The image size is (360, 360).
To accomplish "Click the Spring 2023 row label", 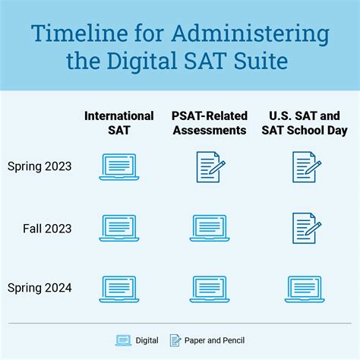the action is [39, 167].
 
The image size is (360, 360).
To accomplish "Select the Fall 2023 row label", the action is [47, 229].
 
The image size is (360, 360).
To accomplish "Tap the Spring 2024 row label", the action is [39, 288].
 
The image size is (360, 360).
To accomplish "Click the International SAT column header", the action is [119, 123].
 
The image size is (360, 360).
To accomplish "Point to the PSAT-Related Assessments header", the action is [210, 123].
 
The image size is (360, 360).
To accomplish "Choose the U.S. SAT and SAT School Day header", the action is [305, 123].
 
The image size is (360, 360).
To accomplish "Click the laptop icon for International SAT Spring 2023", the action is [119, 167].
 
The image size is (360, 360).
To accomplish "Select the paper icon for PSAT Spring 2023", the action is [210, 167].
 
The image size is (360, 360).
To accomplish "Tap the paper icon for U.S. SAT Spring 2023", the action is [307, 167].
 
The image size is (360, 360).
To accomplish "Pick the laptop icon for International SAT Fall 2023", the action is [119, 229].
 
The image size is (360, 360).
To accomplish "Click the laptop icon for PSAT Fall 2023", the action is [210, 229].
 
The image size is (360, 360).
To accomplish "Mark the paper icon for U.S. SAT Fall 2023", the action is [307, 229].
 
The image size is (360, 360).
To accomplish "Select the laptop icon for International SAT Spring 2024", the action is [119, 289].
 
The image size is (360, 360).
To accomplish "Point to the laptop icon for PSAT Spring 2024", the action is [210, 289].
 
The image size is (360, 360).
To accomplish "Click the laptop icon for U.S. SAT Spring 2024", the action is [305, 289].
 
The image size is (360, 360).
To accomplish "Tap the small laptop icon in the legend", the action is [123, 340].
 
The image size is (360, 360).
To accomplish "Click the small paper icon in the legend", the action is [175, 340].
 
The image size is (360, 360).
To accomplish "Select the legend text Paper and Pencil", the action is [214, 341].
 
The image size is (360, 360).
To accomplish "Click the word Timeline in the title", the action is [80, 33].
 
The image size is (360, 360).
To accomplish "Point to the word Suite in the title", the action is [261, 61].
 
